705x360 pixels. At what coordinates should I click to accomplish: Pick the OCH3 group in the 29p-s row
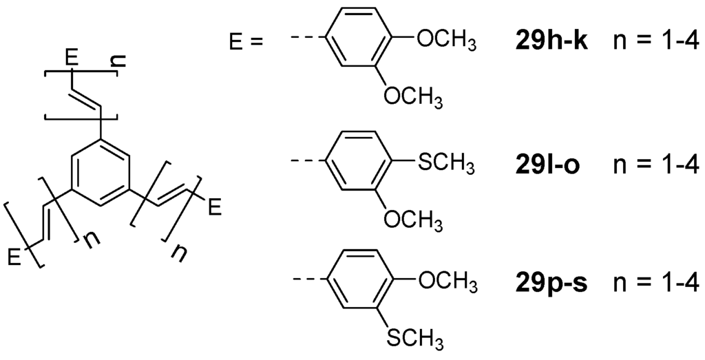pos(447,282)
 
